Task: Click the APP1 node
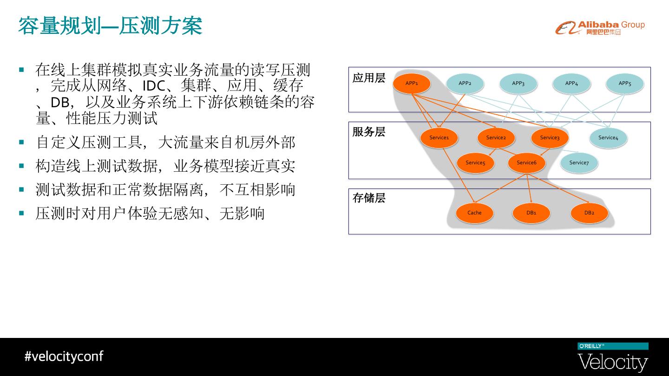tap(412, 84)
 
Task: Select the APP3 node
tap(518, 84)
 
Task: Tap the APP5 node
tap(624, 84)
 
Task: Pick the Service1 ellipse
tap(439, 138)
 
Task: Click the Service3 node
tap(550, 138)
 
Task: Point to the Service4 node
tap(608, 138)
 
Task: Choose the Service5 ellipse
tap(475, 163)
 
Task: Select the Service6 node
tap(526, 163)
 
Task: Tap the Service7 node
tap(579, 163)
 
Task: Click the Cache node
tap(474, 213)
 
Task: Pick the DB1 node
tap(531, 213)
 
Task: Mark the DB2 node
tap(589, 213)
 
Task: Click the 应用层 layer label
tap(369, 78)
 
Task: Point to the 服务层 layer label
tap(369, 132)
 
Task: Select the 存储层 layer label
tap(369, 198)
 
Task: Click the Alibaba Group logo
tap(600, 28)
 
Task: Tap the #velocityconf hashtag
tap(64, 357)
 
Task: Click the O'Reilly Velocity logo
tap(613, 357)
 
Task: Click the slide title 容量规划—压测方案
tap(110, 26)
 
